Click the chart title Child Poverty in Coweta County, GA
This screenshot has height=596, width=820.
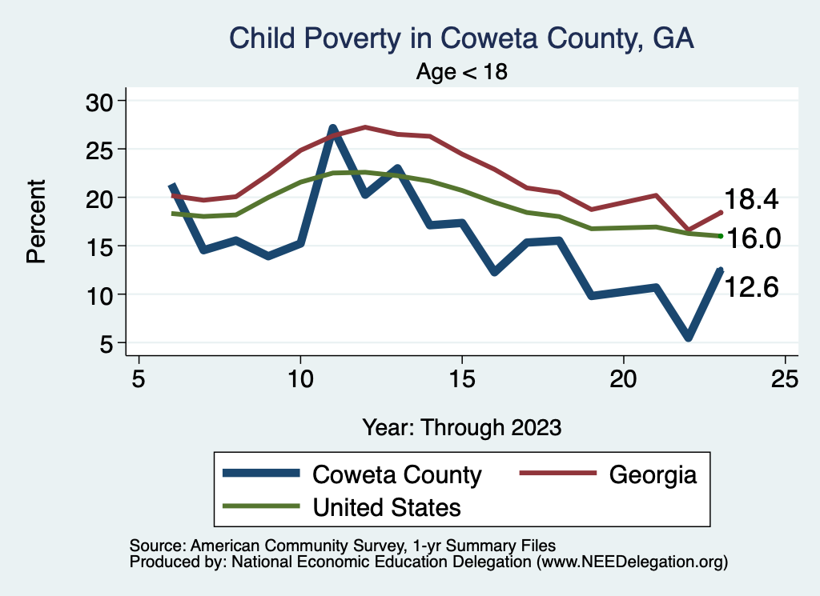pos(460,38)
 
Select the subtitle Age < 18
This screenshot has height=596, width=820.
pos(462,72)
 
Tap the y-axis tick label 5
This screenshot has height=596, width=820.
pos(108,344)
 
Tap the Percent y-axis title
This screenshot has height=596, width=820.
pos(36,222)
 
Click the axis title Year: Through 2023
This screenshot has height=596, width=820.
pos(461,427)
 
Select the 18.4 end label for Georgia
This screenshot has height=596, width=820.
pos(751,200)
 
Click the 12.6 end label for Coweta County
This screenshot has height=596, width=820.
pos(751,287)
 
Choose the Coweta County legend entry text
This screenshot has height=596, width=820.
pos(397,475)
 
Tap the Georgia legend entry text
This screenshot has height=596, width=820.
pos(653,475)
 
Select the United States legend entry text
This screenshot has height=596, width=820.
pos(387,507)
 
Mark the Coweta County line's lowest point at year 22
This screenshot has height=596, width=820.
pos(688,338)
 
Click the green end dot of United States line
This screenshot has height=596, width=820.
pos(721,236)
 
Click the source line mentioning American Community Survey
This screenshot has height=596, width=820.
pos(342,546)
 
